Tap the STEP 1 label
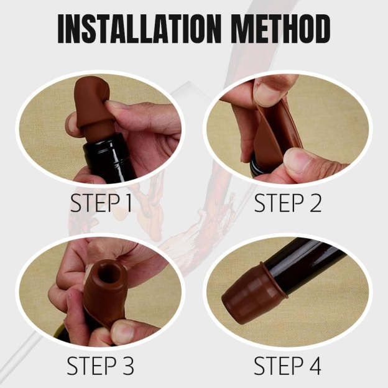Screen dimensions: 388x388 101,204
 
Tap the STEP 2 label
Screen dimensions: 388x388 288,204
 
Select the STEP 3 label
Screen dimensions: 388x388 101,366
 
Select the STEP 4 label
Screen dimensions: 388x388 288,366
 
